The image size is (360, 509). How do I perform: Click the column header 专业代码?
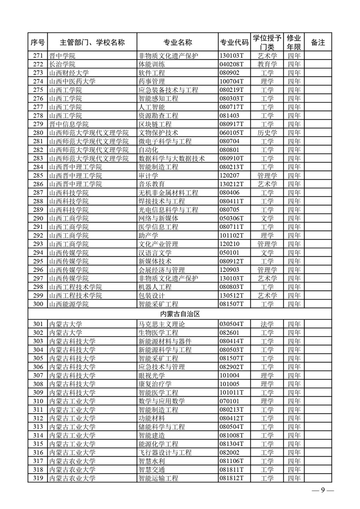234,43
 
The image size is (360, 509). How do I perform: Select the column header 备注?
318,43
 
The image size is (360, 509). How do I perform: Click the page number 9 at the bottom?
323,492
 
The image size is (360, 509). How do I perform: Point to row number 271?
39,56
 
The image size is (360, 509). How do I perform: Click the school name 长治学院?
62,64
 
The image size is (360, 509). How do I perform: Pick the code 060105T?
232,133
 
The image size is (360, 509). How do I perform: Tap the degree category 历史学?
267,133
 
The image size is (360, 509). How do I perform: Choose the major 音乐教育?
151,184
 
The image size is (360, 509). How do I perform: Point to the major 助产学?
148,236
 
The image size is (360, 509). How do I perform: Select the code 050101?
230,253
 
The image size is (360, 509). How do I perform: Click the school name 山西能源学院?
69,304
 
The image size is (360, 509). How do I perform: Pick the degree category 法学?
267,324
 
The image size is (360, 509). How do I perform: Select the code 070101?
230,401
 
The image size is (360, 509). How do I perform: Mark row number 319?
39,478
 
